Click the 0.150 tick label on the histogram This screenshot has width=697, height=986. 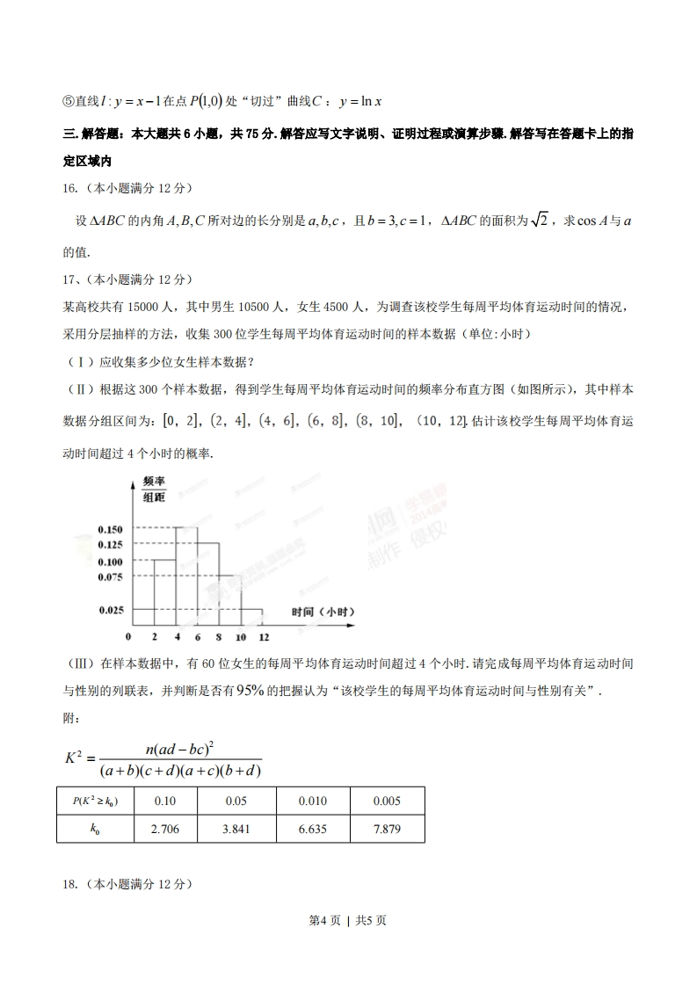[x=110, y=529]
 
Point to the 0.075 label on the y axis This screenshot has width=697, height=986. [x=110, y=576]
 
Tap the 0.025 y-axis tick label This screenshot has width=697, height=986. [x=110, y=609]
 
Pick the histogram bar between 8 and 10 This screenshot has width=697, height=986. [x=229, y=600]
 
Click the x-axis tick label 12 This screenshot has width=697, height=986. [x=263, y=636]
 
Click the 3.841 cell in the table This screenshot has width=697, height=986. [x=236, y=829]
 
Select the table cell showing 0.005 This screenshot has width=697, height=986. [x=387, y=801]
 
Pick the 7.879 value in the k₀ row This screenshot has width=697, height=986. [x=387, y=829]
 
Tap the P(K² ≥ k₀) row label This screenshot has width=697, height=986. [x=95, y=801]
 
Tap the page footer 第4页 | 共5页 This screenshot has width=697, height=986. [x=348, y=920]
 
